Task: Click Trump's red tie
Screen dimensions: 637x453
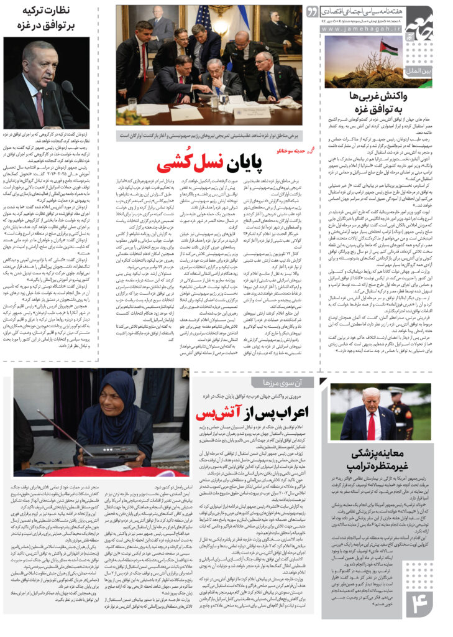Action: [x=372, y=426]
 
